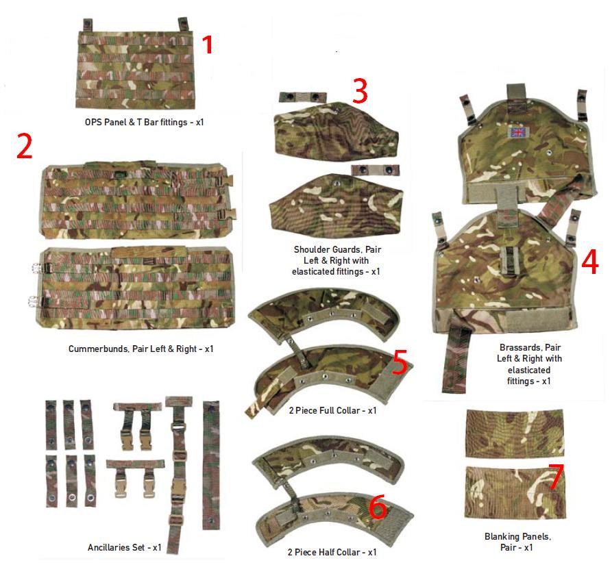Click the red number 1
(x=208, y=45)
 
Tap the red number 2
(x=24, y=146)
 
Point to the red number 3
(x=361, y=90)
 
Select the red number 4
(x=590, y=262)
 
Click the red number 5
(x=400, y=362)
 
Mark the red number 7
(x=556, y=477)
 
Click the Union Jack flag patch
(x=517, y=133)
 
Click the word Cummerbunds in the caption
(x=99, y=349)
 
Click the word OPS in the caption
(x=93, y=122)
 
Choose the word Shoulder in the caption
(x=312, y=249)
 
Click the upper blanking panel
(x=515, y=433)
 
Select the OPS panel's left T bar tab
(x=88, y=25)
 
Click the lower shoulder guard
(x=336, y=205)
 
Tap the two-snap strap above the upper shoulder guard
(x=297, y=97)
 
